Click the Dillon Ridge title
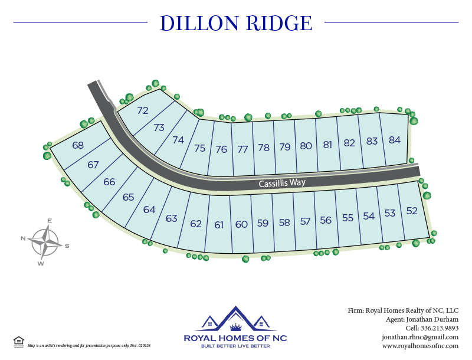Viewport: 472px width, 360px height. (236, 23)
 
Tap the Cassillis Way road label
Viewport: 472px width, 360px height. (282, 183)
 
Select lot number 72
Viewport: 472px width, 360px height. (143, 110)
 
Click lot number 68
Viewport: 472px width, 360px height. (78, 145)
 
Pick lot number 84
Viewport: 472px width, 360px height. (395, 140)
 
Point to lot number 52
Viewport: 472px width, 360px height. (412, 211)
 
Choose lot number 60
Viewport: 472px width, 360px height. (241, 224)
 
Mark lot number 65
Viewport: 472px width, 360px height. (129, 197)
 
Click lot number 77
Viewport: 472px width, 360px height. (242, 149)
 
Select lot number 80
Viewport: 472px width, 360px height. (306, 146)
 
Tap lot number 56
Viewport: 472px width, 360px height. (326, 220)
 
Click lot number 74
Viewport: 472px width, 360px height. (178, 140)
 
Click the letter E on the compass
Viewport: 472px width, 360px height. (50, 221)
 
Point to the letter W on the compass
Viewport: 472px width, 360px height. (41, 263)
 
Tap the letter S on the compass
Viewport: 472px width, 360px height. (67, 246)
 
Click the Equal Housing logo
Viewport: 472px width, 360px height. (18, 341)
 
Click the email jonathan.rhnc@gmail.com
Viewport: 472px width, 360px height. (419, 337)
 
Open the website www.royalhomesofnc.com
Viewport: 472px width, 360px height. (420, 346)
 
